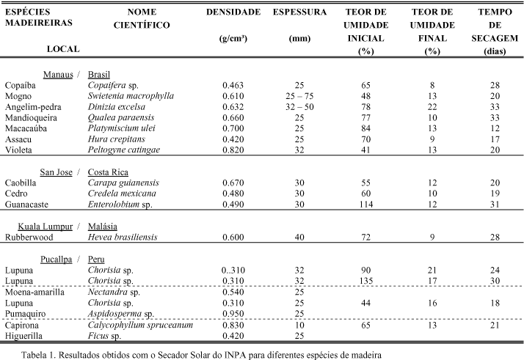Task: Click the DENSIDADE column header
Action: pos(233,13)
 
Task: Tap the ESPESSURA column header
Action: pos(299,13)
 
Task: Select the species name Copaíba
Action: pos(20,86)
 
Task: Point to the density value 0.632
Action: pos(234,106)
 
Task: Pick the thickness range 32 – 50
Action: pos(300,106)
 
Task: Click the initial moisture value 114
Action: pos(365,204)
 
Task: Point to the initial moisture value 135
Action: pos(365,280)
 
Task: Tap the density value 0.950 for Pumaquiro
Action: pos(234,313)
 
